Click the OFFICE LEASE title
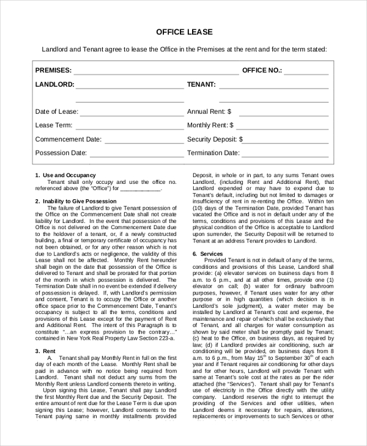coord(183,31)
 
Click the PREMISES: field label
coord(53,70)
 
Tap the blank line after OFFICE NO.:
coord(306,71)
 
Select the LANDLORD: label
coord(55,84)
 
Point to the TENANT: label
coord(201,84)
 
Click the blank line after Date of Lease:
coord(132,113)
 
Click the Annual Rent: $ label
coord(209,112)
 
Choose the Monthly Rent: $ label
coord(210,125)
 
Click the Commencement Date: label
coord(68,139)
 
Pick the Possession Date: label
coord(61,153)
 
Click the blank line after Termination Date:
coord(285,154)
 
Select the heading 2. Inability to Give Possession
coord(76,201)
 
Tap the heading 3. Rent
coord(46,351)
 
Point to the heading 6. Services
coord(207,254)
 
